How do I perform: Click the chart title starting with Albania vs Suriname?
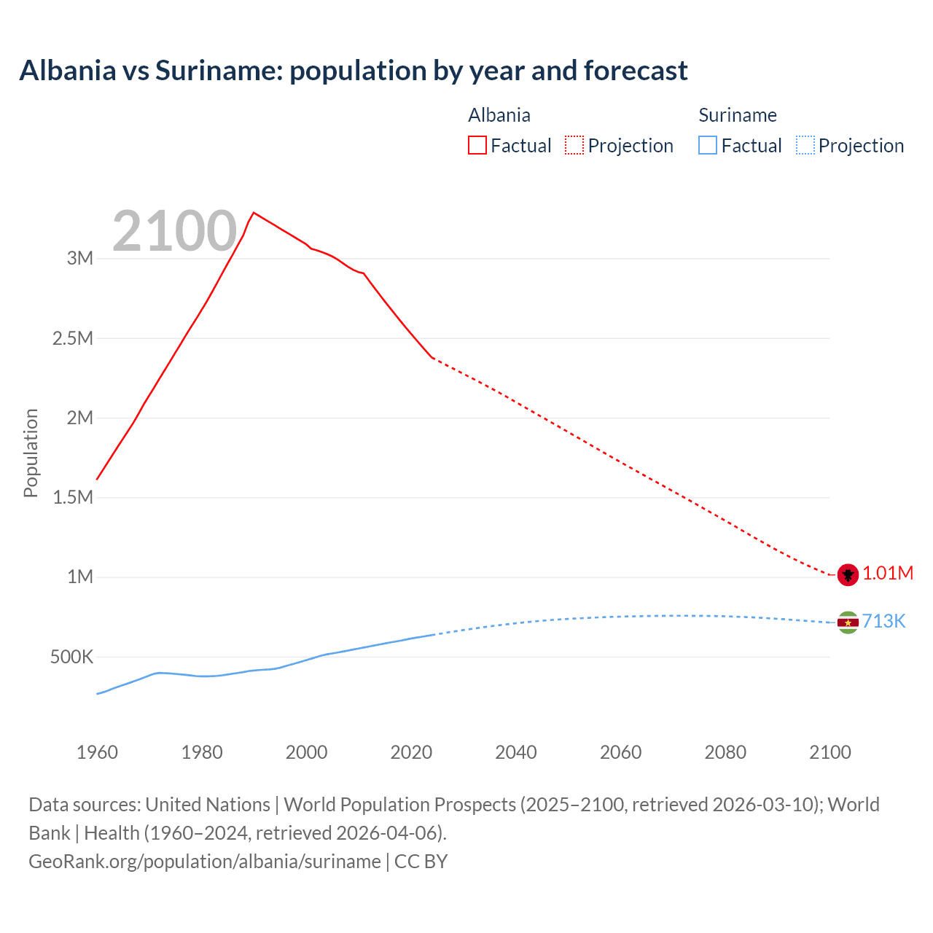354,71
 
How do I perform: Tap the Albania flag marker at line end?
848,574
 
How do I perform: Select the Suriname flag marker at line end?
848,622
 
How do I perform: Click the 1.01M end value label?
888,574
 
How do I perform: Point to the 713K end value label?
883,622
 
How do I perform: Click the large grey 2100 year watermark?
174,232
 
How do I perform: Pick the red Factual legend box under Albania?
477,146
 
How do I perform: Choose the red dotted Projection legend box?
574,146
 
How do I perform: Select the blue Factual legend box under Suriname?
708,146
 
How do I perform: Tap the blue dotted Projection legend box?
805,146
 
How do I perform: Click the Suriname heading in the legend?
738,115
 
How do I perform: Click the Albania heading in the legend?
499,115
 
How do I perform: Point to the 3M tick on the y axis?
80,259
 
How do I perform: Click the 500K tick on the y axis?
71,657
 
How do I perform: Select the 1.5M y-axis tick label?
73,498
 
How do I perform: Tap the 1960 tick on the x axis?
97,752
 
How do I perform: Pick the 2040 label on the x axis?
516,752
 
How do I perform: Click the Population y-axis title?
31,453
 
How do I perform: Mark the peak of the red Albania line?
253,213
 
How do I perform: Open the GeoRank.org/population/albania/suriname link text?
205,862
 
